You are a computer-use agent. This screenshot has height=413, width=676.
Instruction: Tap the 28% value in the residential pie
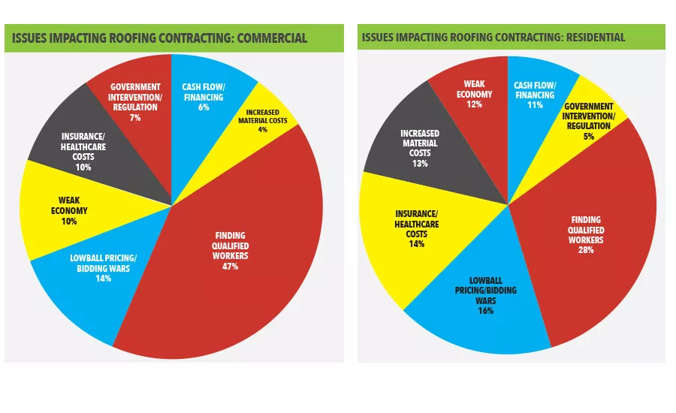(586, 249)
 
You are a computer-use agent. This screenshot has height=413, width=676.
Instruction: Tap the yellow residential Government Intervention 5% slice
(589, 120)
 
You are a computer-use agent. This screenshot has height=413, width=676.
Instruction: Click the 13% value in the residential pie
(420, 163)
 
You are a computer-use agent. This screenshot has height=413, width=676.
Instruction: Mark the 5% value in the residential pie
(589, 136)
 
